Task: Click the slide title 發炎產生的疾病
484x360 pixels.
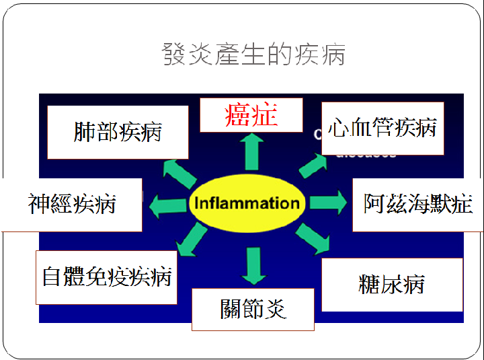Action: click(253, 54)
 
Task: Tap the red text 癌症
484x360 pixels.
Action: click(251, 115)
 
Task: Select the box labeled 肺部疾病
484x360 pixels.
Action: click(118, 132)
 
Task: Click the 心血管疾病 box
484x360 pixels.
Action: click(382, 128)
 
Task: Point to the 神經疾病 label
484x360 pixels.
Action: click(72, 204)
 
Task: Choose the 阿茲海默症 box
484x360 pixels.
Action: click(417, 204)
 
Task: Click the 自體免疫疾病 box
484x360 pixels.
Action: click(107, 277)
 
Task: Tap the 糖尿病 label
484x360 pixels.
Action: click(392, 284)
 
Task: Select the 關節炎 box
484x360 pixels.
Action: click(253, 309)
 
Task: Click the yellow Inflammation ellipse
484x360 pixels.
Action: click(247, 203)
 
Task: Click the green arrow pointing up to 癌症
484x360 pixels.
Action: click(251, 151)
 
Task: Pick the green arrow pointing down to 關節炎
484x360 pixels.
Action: click(253, 264)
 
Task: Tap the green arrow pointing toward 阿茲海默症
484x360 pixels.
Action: click(329, 203)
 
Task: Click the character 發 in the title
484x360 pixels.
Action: click(173, 54)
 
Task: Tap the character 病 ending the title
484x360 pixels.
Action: click(333, 54)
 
